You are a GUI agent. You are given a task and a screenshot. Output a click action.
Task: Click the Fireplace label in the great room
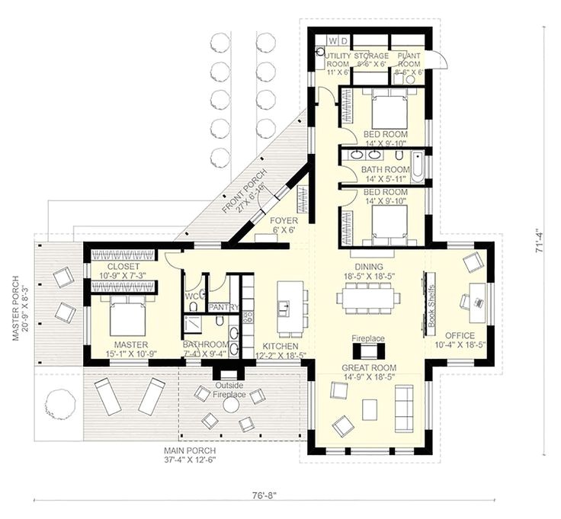coord(367,338)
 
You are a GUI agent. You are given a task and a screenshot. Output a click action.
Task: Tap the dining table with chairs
coord(370,298)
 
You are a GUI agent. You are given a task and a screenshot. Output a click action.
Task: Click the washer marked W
coord(332,40)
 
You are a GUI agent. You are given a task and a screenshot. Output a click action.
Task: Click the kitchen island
coord(288,308)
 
